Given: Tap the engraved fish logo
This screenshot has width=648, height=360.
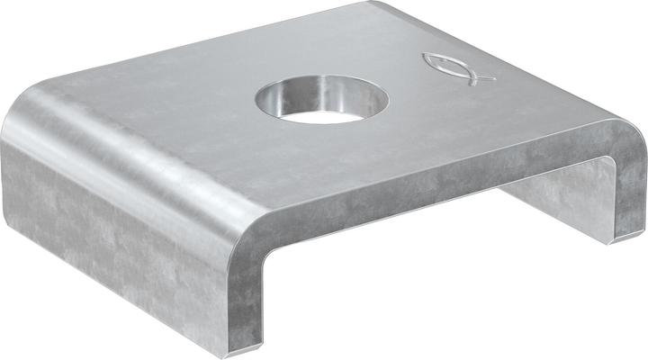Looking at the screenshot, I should click(458, 67).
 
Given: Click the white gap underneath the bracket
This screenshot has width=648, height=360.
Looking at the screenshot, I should click(432, 270).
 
